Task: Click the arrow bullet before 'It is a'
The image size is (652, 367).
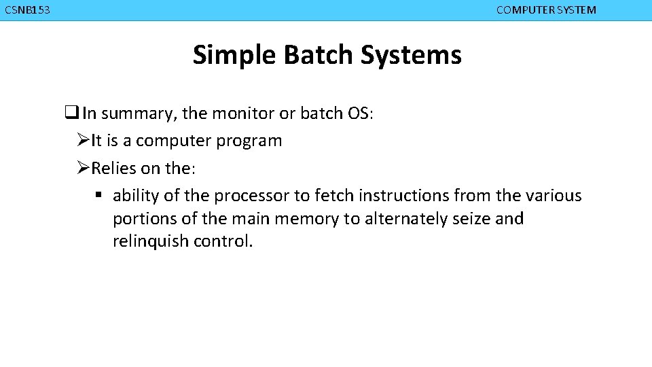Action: pos(83,141)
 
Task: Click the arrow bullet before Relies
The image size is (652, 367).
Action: pos(83,169)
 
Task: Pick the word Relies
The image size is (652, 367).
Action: pos(113,169)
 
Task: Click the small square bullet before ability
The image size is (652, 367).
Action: pos(98,196)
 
